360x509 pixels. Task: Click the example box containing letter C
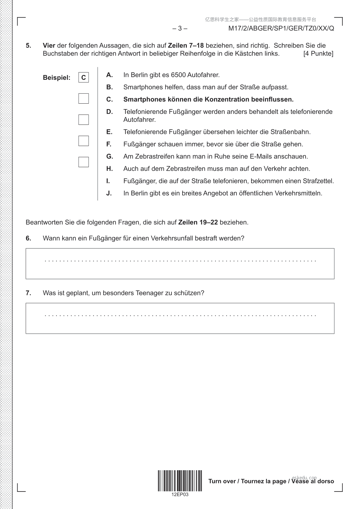point(83,78)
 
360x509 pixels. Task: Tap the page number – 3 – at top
point(180,29)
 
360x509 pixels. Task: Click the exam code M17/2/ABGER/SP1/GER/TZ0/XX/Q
point(281,29)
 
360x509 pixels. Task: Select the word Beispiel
point(57,78)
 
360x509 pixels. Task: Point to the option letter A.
point(109,75)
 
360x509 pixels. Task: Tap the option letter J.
point(109,193)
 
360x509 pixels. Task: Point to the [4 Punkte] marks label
point(318,54)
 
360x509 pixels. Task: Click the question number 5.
point(28,46)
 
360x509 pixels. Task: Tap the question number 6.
point(28,238)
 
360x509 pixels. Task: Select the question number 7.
point(28,293)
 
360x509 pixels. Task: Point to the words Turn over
point(222,481)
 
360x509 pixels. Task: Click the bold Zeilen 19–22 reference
point(198,222)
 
